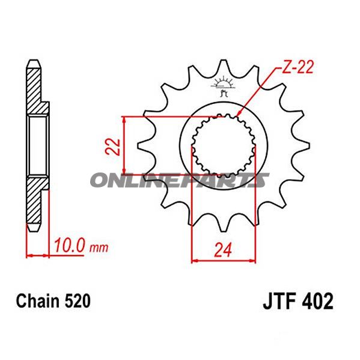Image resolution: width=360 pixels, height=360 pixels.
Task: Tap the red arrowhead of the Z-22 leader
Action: (239, 114)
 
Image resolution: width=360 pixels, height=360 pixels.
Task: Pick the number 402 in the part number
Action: (318, 300)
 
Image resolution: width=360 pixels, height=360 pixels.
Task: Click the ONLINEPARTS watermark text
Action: (180, 180)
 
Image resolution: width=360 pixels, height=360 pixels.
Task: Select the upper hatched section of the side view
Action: (35, 90)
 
